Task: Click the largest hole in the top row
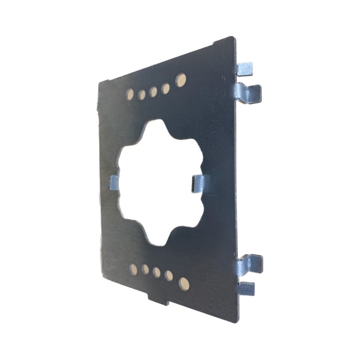pos(180,80)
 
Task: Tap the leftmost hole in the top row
pos(130,94)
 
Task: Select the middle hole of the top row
pos(153,92)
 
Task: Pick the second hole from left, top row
pos(142,94)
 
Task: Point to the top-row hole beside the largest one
pos(166,89)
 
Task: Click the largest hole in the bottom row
pos(184,283)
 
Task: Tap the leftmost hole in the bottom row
pos(133,269)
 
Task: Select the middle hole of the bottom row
pos(157,272)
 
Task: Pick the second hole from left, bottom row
pos(145,269)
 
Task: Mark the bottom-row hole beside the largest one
pos(169,275)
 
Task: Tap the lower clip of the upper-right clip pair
pos(249,93)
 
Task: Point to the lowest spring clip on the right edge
pos(246,288)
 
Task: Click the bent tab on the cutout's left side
pos(114,183)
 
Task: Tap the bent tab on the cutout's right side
pos(198,184)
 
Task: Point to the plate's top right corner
pos(233,38)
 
